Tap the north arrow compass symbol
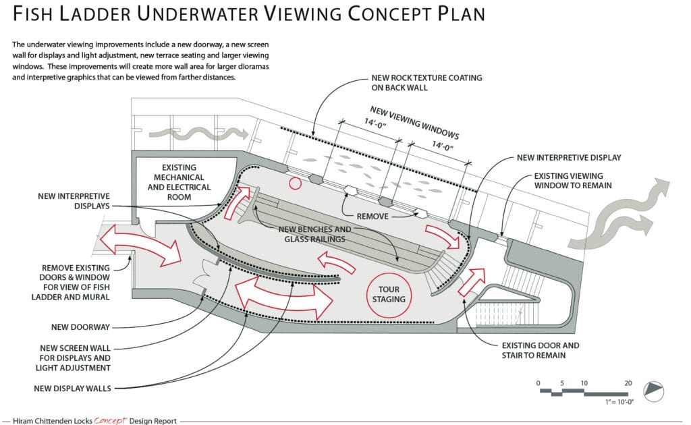tap(654, 389)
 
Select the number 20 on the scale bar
tap(628, 382)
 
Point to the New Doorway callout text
tap(80, 327)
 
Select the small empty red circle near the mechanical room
tap(294, 182)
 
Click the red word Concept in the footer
tap(110, 420)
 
